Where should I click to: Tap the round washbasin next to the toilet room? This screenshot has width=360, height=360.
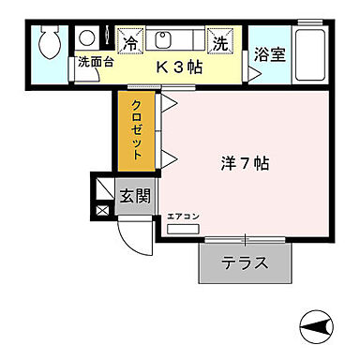click(86, 40)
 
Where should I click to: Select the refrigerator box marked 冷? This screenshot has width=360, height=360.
click(130, 42)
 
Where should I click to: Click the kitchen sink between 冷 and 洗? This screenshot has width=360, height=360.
click(162, 38)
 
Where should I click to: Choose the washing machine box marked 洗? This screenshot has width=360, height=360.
click(219, 42)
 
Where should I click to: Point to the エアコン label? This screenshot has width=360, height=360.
click(184, 217)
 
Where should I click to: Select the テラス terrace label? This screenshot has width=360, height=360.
click(245, 263)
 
